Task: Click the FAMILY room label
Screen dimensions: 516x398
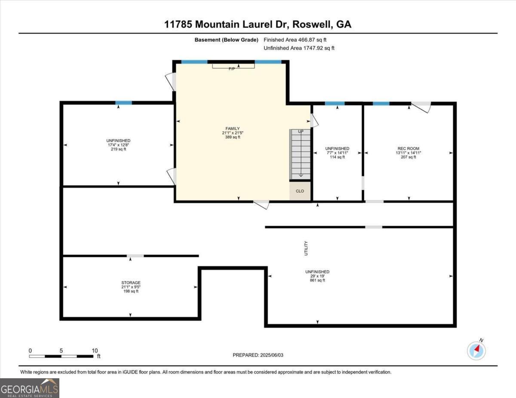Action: coord(233,128)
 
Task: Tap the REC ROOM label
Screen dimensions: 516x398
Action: coord(408,149)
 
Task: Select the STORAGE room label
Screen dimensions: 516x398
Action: coord(131,283)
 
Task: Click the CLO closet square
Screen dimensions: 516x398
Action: coord(300,191)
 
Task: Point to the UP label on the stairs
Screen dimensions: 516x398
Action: coord(301,131)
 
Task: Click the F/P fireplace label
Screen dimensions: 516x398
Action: coord(232,69)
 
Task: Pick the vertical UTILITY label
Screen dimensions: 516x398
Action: coord(306,248)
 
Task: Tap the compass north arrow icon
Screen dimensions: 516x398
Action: coord(476,351)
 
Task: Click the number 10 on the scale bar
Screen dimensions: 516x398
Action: coord(95,351)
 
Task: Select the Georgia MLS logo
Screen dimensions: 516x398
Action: coord(29,388)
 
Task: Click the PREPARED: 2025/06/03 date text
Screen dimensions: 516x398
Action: coord(258,355)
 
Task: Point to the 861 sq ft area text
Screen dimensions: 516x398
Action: coord(317,280)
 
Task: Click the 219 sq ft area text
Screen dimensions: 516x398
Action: coord(118,149)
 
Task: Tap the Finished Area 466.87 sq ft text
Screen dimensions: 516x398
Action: coord(295,40)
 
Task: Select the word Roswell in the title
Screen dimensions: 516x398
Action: coord(312,24)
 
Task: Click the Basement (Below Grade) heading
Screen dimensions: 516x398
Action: coord(226,40)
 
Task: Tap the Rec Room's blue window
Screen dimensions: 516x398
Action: coord(381,103)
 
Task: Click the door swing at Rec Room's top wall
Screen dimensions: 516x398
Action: coord(422,107)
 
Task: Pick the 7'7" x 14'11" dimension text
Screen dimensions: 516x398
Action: coord(337,153)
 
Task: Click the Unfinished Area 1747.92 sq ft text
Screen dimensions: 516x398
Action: coord(299,48)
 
